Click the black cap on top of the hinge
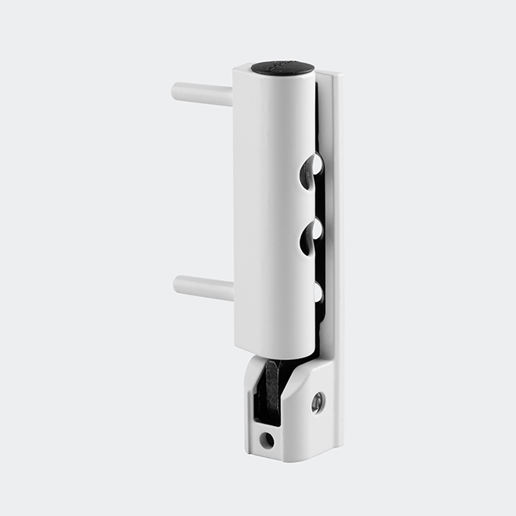(x=282, y=68)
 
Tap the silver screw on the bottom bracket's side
(x=317, y=402)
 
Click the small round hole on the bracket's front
(x=267, y=440)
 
